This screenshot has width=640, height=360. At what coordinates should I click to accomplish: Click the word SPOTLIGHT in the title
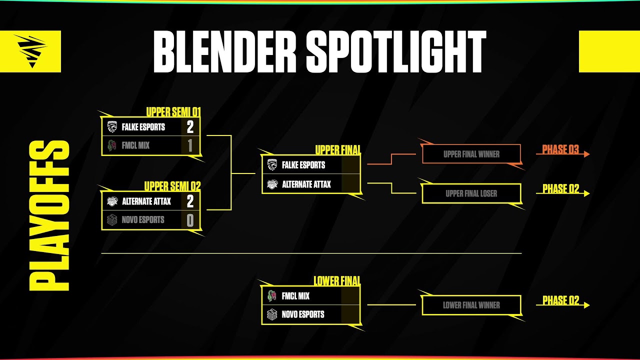395,51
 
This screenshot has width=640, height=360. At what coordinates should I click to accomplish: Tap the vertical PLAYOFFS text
48,216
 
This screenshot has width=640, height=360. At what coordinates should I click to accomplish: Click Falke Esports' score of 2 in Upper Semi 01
190,127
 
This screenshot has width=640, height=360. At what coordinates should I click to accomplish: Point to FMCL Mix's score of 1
190,145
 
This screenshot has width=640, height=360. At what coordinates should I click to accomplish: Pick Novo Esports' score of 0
190,220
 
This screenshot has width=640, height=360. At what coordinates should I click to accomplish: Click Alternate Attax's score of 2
190,201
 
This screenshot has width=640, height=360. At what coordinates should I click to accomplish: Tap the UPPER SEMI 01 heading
173,112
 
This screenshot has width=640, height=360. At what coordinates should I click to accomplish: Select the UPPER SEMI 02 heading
172,186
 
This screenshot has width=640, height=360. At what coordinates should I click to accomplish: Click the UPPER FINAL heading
338,150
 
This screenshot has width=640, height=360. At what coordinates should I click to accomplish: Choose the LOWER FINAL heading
337,281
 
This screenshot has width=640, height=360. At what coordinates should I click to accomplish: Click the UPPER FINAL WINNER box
471,154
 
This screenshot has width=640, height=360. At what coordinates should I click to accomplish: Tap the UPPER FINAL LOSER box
471,193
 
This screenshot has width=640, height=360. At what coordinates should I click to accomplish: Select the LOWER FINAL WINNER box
471,305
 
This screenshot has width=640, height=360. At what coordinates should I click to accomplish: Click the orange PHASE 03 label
560,150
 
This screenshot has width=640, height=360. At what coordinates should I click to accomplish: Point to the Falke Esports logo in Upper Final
272,164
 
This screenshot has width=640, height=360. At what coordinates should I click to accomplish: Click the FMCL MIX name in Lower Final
295,296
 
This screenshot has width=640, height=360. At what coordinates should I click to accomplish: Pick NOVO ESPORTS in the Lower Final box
303,314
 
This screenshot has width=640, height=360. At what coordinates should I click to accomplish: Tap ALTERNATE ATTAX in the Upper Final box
306,184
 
